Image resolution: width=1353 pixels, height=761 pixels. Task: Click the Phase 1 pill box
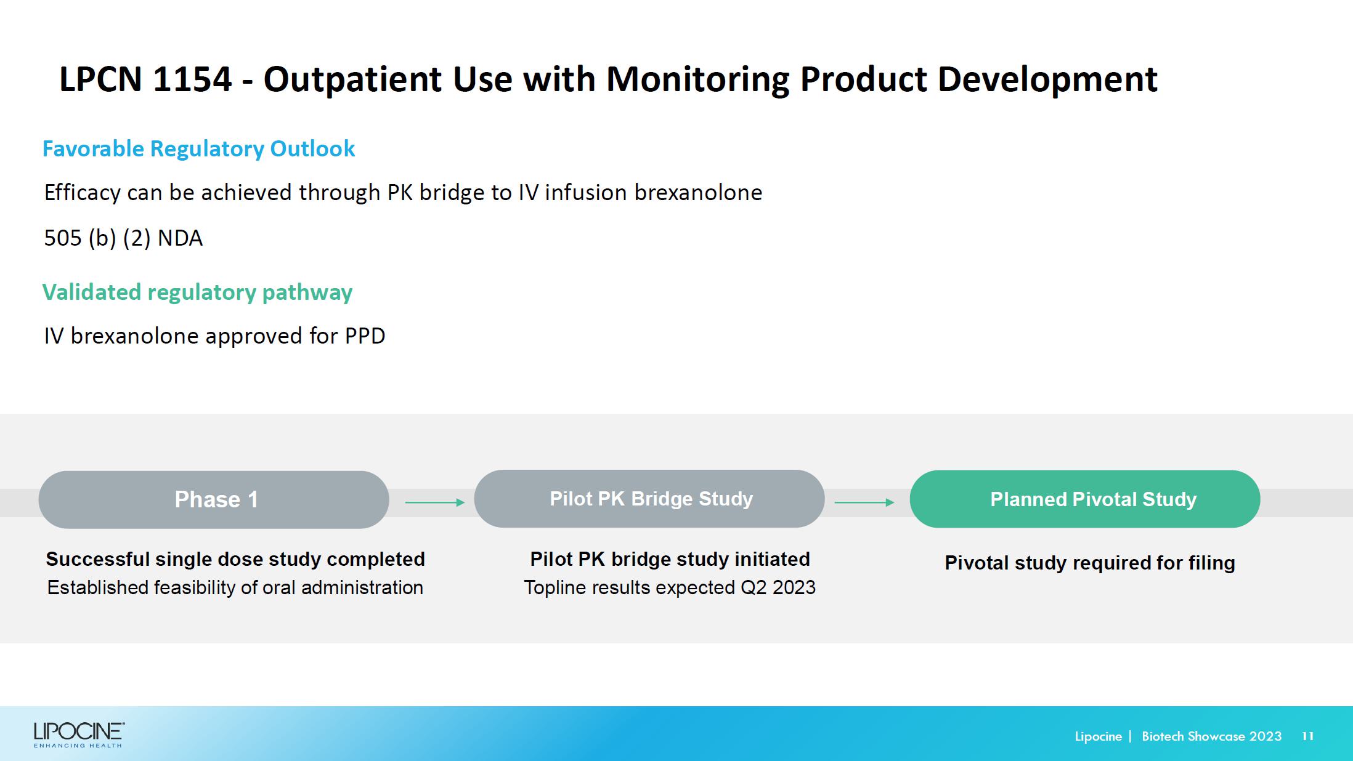point(214,499)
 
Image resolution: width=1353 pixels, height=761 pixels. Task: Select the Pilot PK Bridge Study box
point(649,499)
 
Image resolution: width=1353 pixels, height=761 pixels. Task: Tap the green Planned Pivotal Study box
point(1085,499)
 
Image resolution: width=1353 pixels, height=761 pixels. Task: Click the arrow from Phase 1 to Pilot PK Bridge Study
point(435,502)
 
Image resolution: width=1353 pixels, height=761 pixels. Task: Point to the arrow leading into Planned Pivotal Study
point(864,502)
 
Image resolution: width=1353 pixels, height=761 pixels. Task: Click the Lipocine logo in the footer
point(79,735)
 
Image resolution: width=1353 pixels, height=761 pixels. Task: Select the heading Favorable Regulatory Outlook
point(198,149)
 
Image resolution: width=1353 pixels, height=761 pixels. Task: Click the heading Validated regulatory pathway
point(197,292)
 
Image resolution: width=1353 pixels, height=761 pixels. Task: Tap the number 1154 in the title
point(192,79)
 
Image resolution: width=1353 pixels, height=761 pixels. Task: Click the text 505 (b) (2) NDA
point(123,238)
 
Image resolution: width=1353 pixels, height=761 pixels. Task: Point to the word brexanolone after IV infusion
point(698,193)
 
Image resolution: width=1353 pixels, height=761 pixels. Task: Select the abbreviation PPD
point(365,336)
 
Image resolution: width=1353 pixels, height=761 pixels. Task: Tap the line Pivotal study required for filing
point(1090,563)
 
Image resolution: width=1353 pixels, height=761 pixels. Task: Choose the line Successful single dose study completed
point(235,559)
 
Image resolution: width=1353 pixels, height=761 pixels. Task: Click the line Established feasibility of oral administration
point(235,587)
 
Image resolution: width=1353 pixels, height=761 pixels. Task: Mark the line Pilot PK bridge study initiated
point(670,559)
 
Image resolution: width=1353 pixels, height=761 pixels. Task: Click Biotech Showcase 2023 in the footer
point(1211,736)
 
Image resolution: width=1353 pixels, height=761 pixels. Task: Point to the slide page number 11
point(1308,736)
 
